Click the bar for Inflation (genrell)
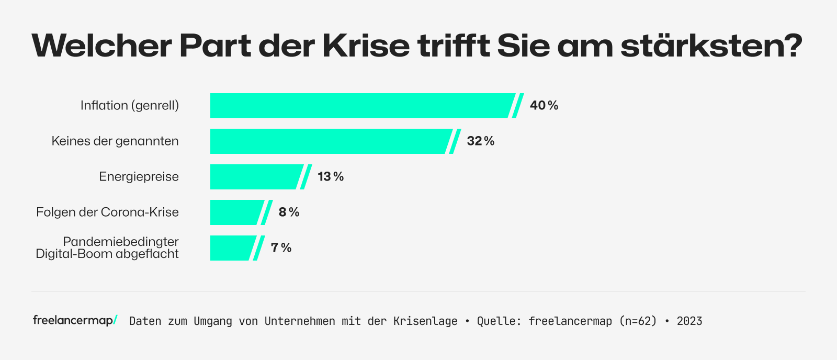pyautogui.click(x=361, y=106)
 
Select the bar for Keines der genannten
pyautogui.click(x=330, y=141)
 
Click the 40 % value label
pyautogui.click(x=544, y=106)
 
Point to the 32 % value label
pyautogui.click(x=480, y=141)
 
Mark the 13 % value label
pyautogui.click(x=331, y=177)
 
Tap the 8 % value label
pyautogui.click(x=289, y=212)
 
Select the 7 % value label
pyautogui.click(x=281, y=248)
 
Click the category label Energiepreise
pyautogui.click(x=139, y=177)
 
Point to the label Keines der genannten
pyautogui.click(x=115, y=141)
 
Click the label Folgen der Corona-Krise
pyautogui.click(x=107, y=212)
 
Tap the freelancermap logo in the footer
pyautogui.click(x=75, y=320)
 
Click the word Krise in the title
pyautogui.click(x=366, y=46)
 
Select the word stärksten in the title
pyautogui.click(x=711, y=46)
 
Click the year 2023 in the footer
pyautogui.click(x=689, y=321)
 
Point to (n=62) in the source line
pyautogui.click(x=638, y=321)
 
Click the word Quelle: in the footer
pyautogui.click(x=499, y=321)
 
